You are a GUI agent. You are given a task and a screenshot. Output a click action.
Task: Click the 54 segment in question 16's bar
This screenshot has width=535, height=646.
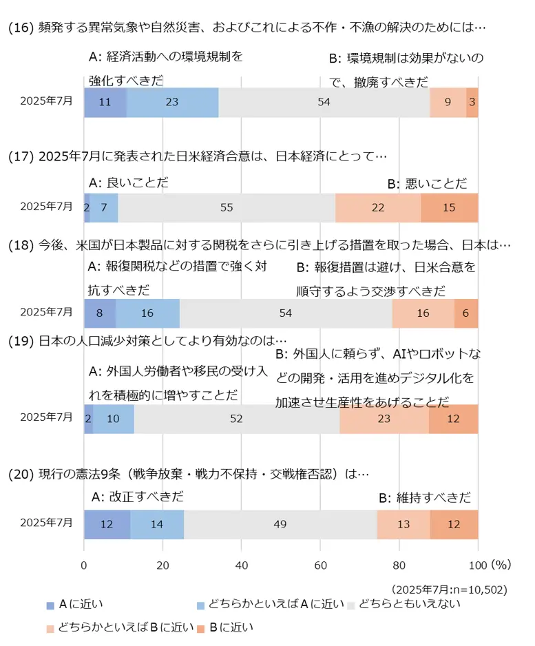324,103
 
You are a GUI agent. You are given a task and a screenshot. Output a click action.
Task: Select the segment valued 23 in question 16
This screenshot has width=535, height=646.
172,103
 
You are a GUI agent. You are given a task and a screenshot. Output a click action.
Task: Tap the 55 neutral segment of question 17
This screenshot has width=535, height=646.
227,207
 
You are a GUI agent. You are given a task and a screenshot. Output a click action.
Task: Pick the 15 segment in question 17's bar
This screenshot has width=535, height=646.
449,207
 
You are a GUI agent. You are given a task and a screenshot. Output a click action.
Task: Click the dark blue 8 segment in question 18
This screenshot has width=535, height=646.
100,313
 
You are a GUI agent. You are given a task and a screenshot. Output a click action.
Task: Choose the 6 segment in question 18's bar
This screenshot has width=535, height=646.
466,313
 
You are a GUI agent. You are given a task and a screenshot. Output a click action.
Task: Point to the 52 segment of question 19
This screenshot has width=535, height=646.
236,418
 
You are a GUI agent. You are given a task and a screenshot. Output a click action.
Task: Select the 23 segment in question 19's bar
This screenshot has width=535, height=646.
384,418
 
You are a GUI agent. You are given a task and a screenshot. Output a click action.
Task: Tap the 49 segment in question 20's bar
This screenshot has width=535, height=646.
280,524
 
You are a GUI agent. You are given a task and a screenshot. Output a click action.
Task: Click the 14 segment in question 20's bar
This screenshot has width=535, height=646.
157,524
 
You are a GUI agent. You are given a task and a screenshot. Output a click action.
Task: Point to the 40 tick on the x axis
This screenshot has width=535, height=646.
242,565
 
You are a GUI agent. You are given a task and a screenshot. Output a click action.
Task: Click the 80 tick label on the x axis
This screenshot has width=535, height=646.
399,565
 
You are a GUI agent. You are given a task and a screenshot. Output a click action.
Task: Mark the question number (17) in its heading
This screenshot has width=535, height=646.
21,156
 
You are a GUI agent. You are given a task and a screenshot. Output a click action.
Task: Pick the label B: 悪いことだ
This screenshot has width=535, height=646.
427,183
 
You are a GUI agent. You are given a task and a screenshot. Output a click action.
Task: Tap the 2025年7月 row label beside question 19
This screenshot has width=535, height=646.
46,418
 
